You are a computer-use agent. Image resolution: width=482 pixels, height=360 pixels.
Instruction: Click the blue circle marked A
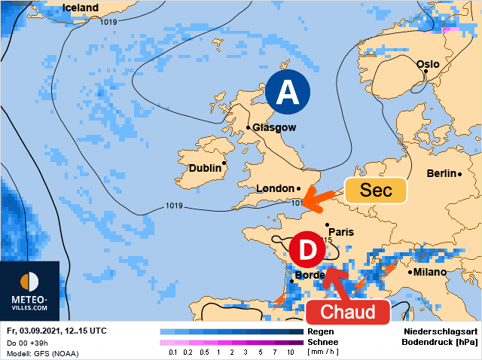point(288,93)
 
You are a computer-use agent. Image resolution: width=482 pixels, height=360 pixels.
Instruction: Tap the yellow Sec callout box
point(376,191)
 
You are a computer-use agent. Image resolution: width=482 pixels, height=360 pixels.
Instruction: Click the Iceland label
point(80,8)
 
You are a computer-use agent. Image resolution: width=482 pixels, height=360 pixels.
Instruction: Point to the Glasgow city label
point(274,128)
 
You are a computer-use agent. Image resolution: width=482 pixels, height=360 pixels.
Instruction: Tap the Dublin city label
point(205,168)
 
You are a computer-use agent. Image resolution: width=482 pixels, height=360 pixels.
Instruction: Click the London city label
point(275,188)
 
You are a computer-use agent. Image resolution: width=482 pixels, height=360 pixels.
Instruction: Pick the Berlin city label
point(441,173)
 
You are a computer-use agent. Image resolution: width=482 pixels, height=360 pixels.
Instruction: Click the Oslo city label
point(427,64)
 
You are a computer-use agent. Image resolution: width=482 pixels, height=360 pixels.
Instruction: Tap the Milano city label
point(429,272)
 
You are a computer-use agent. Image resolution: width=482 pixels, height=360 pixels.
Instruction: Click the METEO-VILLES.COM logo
point(29,291)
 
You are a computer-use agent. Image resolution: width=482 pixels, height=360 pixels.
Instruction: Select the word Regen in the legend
point(322,331)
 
